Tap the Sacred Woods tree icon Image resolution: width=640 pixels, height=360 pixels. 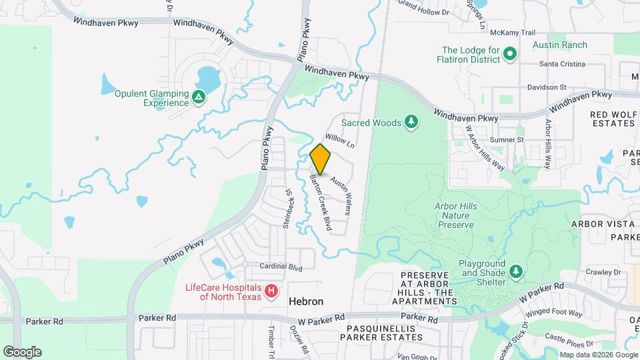coord(413,122)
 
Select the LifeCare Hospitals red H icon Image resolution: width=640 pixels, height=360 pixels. coord(271,291)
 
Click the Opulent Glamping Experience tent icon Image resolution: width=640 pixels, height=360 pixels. coord(198,98)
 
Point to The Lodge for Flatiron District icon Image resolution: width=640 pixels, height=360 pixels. coord(510,54)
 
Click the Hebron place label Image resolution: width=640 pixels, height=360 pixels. coord(306,301)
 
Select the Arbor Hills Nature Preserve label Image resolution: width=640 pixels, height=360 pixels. coord(457,216)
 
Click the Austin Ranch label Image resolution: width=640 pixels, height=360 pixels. coord(560,45)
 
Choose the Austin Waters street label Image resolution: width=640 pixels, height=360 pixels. coord(341,195)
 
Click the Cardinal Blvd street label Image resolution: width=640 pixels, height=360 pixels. coord(281,267)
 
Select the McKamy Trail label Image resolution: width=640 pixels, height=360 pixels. coord(513,33)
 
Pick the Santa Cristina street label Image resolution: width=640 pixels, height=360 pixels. coord(562,64)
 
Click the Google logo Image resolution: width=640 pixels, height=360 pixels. coord(22,352)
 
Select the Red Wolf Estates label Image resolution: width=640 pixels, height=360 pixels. coord(613,119)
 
